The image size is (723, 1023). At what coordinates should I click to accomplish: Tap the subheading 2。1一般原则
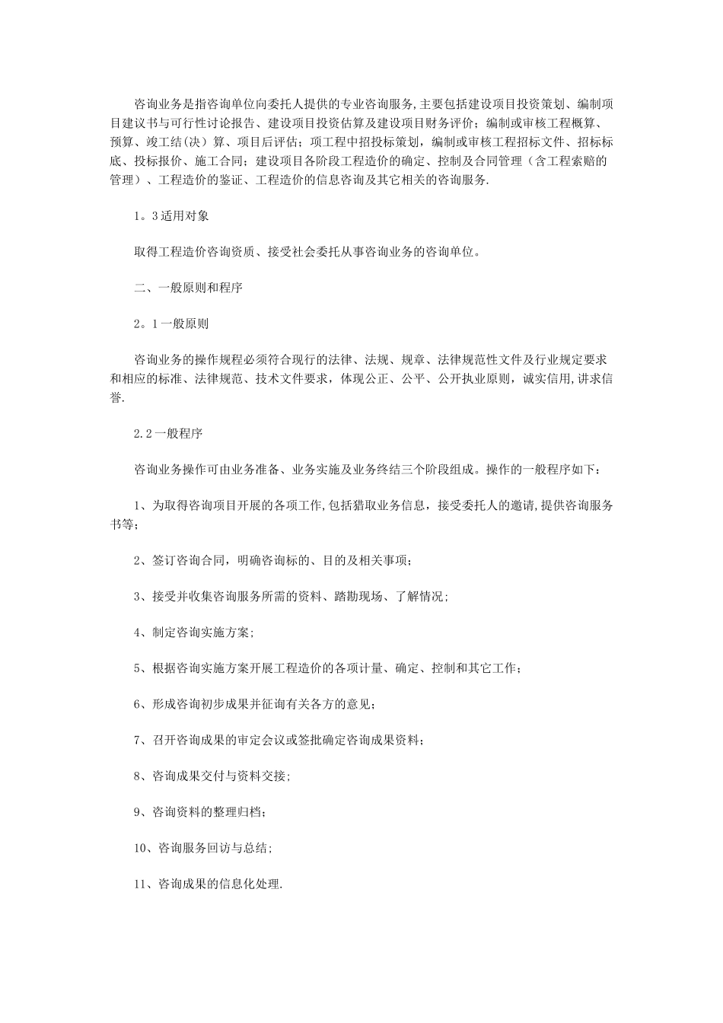[x=170, y=323]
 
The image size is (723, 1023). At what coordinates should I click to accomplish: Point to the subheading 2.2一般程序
[x=167, y=433]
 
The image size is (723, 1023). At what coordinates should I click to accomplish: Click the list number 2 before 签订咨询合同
[x=137, y=561]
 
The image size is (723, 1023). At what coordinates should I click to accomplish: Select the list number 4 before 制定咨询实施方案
[x=137, y=633]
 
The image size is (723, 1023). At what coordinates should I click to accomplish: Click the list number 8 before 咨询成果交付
[x=137, y=776]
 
